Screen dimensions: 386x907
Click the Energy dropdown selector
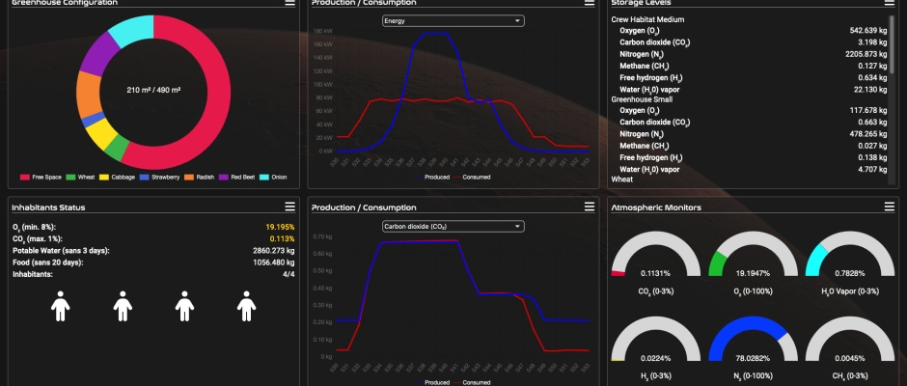click(453, 20)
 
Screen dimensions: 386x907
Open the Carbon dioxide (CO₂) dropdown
click(453, 226)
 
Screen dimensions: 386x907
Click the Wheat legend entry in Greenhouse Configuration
click(84, 177)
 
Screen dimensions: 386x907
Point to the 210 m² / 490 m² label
click(154, 90)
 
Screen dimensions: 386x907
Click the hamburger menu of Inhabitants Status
click(289, 207)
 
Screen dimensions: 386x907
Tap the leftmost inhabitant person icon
click(60, 307)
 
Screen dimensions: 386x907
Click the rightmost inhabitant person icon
click(246, 307)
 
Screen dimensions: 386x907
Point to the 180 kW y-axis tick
click(325, 33)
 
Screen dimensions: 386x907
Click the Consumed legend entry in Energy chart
click(476, 177)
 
